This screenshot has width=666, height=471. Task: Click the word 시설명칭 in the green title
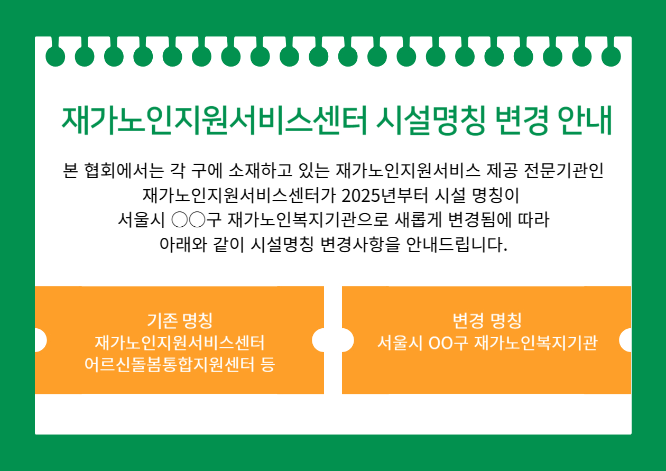click(x=431, y=121)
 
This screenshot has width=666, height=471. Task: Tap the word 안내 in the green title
click(x=585, y=121)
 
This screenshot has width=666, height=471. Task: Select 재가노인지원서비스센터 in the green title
click(x=214, y=121)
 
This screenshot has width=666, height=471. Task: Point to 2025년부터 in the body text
click(x=385, y=196)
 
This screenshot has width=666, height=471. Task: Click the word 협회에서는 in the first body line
click(x=124, y=171)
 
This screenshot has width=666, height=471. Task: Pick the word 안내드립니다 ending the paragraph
click(x=457, y=245)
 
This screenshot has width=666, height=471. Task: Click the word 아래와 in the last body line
click(x=183, y=245)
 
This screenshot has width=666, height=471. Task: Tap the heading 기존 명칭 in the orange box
click(x=180, y=320)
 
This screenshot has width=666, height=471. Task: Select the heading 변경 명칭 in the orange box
click(x=487, y=320)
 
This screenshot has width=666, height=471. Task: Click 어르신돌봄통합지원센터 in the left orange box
click(x=170, y=364)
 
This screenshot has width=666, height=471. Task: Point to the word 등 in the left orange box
click(x=267, y=364)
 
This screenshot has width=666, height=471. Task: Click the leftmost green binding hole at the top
click(x=55, y=56)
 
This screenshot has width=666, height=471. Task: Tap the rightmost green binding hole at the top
click(x=611, y=56)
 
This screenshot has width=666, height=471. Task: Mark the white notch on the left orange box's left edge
click(x=41, y=340)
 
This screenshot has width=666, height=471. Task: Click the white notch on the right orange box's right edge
click(x=625, y=340)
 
